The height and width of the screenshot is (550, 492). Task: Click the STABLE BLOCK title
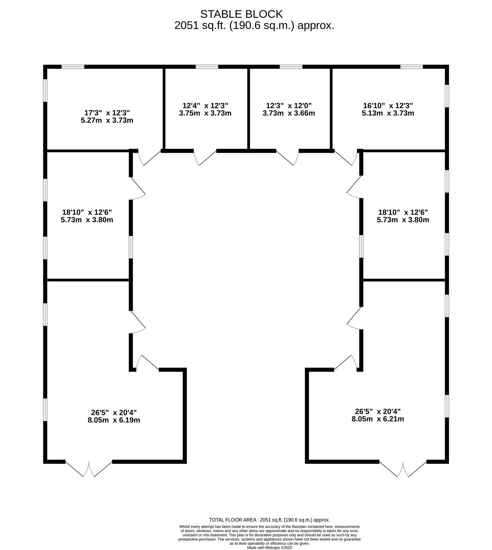[241, 14]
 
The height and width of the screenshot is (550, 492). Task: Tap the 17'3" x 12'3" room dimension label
[107, 113]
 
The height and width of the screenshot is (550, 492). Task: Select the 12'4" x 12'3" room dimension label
[205, 106]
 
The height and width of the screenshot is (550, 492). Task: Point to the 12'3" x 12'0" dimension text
[289, 106]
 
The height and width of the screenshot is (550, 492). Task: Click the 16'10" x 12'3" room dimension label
[388, 106]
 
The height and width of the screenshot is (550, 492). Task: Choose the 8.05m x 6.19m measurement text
[114, 420]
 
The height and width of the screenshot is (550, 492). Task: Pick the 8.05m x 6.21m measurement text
[378, 419]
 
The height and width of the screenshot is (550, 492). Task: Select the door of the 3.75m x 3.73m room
[205, 157]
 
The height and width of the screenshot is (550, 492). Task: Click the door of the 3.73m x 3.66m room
[287, 157]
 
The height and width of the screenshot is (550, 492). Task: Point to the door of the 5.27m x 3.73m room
[149, 157]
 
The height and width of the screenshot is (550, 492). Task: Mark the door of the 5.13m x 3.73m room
[346, 157]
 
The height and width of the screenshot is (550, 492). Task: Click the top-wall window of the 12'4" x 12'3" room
[207, 67]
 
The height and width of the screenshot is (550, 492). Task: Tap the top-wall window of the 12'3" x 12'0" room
[291, 67]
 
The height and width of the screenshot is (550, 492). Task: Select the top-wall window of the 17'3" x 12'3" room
[73, 67]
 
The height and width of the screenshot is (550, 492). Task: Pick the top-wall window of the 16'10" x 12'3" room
[412, 67]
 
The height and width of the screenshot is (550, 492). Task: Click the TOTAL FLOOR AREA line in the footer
[270, 520]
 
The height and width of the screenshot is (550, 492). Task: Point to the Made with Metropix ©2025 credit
[270, 548]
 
